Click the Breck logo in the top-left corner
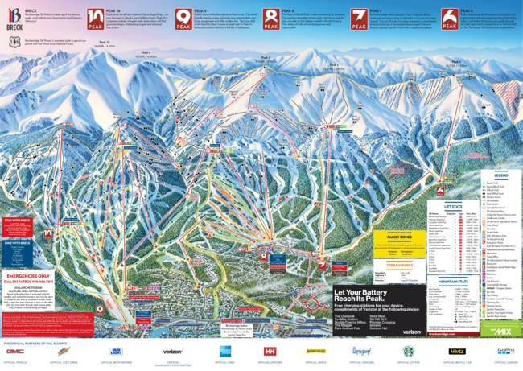13,15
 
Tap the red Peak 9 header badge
180,17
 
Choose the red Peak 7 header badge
360,17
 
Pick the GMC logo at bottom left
15,351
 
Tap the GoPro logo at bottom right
505,351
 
